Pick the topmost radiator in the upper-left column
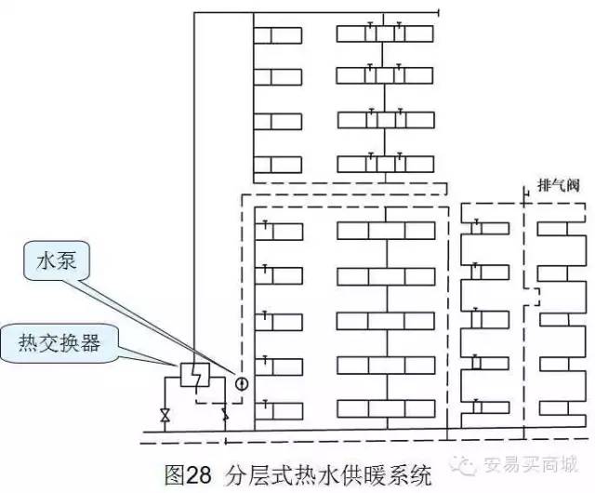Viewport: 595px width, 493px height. tap(278, 35)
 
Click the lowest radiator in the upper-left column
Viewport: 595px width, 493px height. tap(278, 165)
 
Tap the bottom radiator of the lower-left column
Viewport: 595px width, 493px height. tap(278, 409)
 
